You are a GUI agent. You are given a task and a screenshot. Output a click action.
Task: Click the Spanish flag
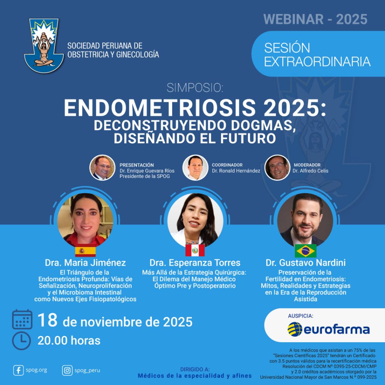(x=85, y=250)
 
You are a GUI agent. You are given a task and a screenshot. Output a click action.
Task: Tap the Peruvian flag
(x=195, y=250)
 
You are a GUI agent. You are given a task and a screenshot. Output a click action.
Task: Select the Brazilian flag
(x=305, y=251)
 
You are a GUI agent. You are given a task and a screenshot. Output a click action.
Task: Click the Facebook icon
(x=18, y=370)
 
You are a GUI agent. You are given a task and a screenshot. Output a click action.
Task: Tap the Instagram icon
(x=67, y=370)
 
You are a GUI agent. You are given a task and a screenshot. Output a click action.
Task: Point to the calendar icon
(x=22, y=319)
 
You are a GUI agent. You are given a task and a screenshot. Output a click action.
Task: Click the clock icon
(x=21, y=341)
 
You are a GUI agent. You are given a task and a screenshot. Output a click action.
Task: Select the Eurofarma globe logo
(x=295, y=329)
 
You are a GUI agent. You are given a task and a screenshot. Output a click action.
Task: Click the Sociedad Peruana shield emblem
(x=44, y=45)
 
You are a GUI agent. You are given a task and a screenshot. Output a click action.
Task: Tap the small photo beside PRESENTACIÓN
(x=102, y=168)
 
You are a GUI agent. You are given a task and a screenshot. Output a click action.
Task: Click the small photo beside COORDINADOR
(x=195, y=168)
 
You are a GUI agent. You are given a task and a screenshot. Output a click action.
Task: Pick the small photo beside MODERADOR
(x=277, y=168)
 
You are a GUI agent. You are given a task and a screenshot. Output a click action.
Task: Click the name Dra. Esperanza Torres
(x=195, y=263)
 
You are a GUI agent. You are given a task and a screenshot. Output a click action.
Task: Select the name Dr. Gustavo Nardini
(x=305, y=263)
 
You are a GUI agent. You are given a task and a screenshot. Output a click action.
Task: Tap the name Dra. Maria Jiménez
(x=85, y=263)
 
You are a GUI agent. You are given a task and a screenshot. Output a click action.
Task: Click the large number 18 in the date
(x=48, y=320)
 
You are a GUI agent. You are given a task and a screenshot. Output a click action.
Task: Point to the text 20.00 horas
(x=69, y=341)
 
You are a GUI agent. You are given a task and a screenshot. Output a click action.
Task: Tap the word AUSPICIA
(x=300, y=316)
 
